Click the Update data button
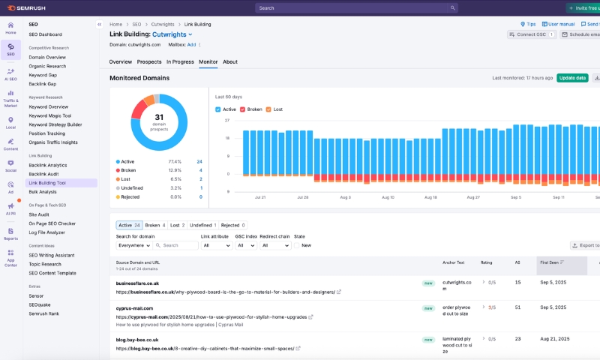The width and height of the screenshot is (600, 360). point(572,77)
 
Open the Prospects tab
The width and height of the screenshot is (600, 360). point(149,61)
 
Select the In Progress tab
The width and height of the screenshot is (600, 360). point(180,61)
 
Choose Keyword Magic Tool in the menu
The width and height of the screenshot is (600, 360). point(50,115)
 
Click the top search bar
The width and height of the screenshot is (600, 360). point(356,8)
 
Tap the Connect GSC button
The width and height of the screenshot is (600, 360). point(531,34)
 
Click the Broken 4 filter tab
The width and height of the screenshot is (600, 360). point(154,225)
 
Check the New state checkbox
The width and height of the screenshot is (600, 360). point(298,245)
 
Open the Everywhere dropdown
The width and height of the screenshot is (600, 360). point(134,245)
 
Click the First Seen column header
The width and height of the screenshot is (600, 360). point(553,262)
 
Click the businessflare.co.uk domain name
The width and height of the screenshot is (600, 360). point(137,283)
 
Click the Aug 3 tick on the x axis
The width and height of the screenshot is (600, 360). point(345,197)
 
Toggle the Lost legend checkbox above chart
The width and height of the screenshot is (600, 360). point(269,109)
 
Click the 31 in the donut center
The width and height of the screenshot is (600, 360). point(159,117)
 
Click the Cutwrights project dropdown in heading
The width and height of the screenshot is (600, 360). point(172,34)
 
